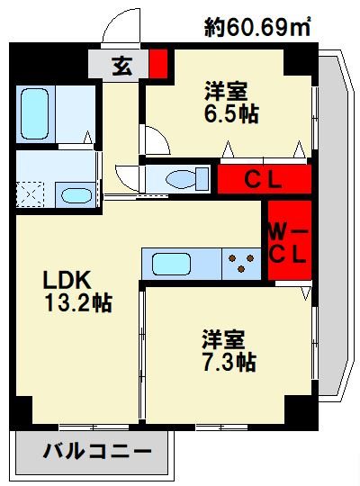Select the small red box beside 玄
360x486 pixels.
click(158, 65)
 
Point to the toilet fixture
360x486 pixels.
click(181, 177)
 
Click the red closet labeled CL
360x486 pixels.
click(264, 179)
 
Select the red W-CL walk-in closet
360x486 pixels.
click(289, 240)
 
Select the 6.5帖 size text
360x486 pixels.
click(228, 116)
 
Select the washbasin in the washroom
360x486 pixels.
click(74, 194)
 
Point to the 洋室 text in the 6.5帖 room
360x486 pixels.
click(227, 92)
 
